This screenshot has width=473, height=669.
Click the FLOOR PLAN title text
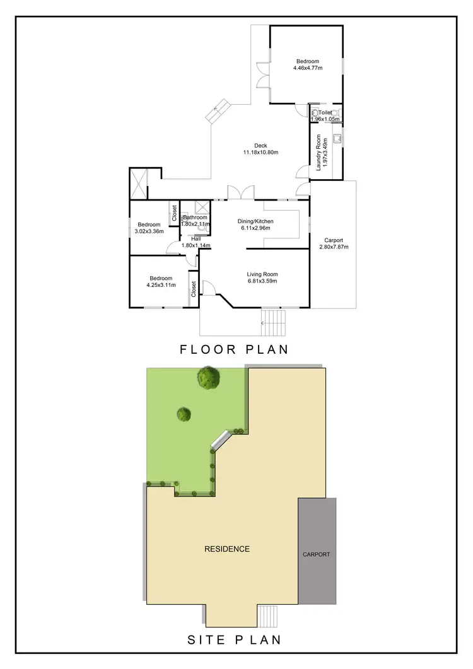tap(234, 349)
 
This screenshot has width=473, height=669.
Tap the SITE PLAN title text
tap(234, 641)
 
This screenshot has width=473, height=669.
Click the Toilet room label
tap(325, 113)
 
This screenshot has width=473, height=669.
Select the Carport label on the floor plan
tap(334, 240)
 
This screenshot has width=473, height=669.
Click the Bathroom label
tap(195, 218)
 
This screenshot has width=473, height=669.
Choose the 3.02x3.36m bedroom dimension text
tap(149, 231)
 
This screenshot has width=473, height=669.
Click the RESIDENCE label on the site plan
tap(227, 549)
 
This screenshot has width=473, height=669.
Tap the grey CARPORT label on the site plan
tap(317, 555)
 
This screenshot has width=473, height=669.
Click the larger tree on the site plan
tap(209, 378)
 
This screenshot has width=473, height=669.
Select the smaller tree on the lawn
tap(184, 414)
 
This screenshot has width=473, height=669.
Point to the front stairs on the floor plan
tap(273, 322)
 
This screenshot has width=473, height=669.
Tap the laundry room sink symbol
tap(338, 138)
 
